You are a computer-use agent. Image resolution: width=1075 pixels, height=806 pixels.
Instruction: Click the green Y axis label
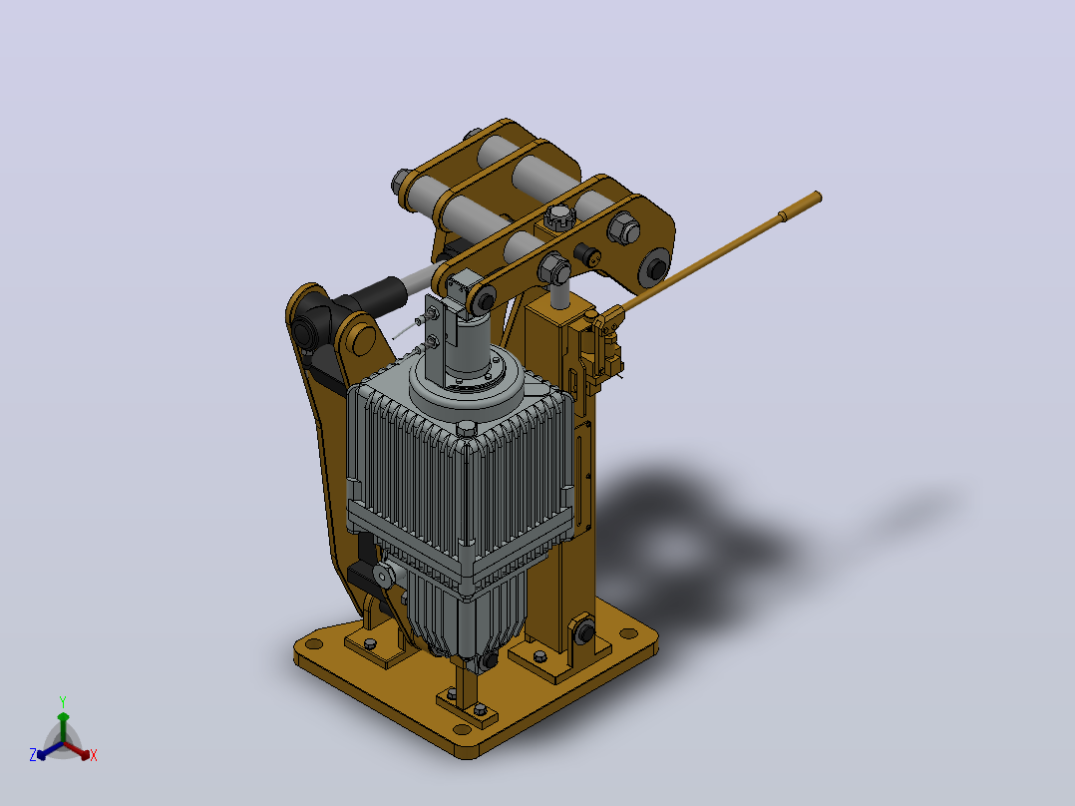(63, 701)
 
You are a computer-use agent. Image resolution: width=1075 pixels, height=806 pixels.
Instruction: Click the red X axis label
(94, 755)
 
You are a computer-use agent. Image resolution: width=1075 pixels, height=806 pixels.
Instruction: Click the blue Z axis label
(33, 754)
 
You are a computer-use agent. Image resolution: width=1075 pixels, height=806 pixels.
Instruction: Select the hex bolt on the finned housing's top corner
(467, 428)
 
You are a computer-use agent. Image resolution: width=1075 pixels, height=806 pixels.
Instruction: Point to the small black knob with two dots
(587, 254)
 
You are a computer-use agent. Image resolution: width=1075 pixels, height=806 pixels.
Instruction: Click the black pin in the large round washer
(656, 267)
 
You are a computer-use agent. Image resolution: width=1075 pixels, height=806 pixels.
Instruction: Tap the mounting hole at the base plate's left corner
(314, 643)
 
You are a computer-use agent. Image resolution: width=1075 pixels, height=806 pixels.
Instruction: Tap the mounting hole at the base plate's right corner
(628, 633)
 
